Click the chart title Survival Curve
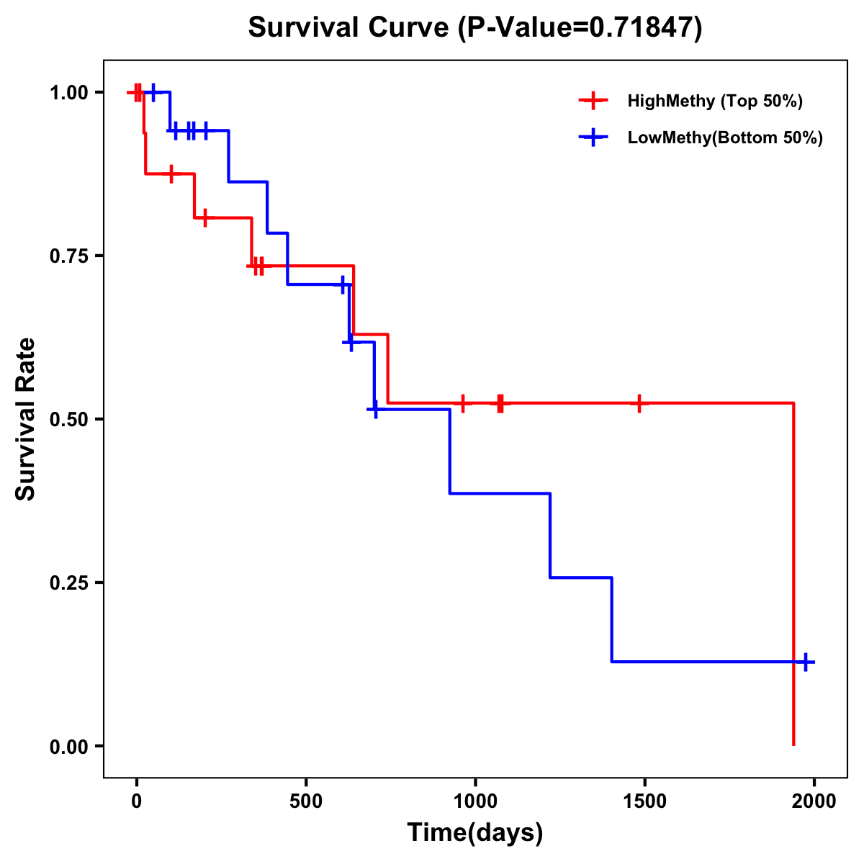tap(474, 27)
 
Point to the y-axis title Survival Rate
tap(26, 419)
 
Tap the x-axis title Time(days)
tap(474, 832)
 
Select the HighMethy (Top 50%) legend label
tap(714, 101)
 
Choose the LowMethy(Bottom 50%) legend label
tap(725, 138)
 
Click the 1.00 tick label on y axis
tap(68, 93)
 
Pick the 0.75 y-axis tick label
tap(68, 256)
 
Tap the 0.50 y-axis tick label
tap(68, 420)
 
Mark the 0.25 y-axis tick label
tap(68, 583)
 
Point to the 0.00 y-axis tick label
tap(68, 747)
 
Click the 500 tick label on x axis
tap(306, 801)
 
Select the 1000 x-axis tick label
tap(475, 801)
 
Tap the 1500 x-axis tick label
tap(644, 801)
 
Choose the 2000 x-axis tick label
tap(814, 801)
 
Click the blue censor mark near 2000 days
tap(806, 662)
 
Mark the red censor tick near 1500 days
tap(639, 403)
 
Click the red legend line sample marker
tap(593, 101)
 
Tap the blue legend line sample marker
tap(593, 138)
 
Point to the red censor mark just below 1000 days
tap(463, 403)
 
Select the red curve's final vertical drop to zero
tap(793, 576)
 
